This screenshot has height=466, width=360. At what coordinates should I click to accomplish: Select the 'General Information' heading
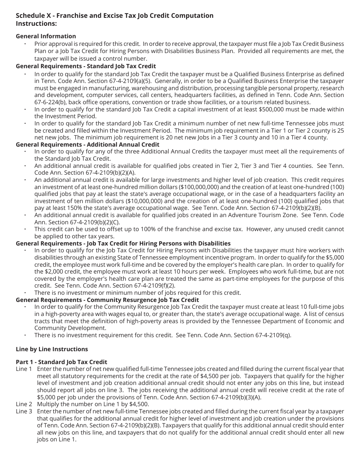pos(46,36)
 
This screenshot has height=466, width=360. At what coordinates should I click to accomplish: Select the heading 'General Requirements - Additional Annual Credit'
pos(88,144)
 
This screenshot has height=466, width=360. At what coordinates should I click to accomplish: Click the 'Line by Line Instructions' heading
pos(52,349)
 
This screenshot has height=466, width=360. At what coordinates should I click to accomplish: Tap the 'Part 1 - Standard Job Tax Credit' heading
pos(61,362)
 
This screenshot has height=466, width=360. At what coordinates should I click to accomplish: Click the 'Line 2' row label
pos(24,404)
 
